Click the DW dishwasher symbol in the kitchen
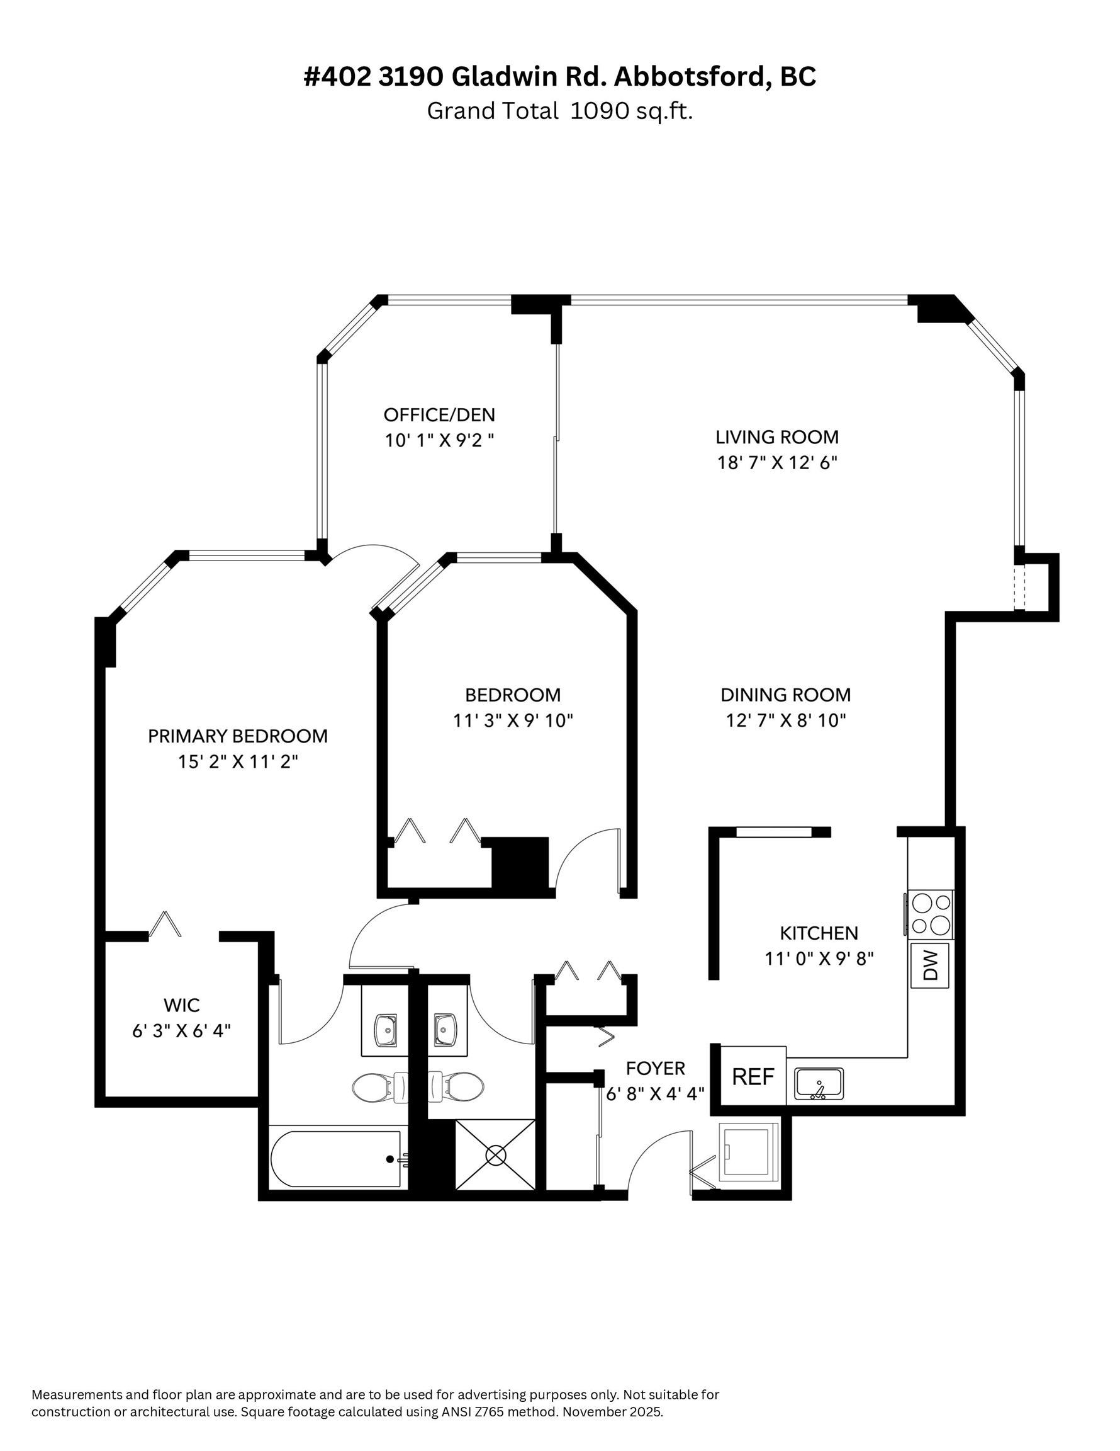(929, 965)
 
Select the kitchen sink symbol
(819, 1084)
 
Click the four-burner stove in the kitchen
(930, 914)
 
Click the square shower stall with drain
(495, 1154)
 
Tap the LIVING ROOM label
(776, 437)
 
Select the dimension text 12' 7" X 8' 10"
(785, 720)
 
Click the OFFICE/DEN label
(439, 415)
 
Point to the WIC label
(181, 1004)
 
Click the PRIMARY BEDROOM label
(237, 736)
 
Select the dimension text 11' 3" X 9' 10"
(513, 720)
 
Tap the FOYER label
(655, 1068)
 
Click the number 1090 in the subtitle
(600, 111)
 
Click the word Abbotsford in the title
(692, 77)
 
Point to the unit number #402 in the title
(337, 77)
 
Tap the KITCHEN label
(819, 933)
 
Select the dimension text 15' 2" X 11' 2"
(237, 761)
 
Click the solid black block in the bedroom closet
(520, 862)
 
